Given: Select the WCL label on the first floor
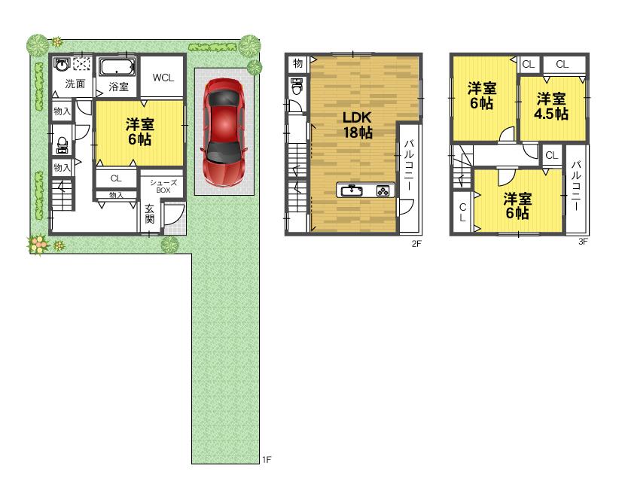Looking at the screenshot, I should pos(163,77).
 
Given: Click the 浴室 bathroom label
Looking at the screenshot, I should pos(118,87).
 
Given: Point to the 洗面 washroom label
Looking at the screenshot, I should pos(74,84).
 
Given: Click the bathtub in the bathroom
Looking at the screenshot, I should pos(117,67).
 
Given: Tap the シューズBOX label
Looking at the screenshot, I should pos(163,186).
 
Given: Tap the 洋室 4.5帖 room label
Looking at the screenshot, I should pos(551,106).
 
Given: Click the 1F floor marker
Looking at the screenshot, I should pos(266,458).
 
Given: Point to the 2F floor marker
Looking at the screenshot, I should pos(414,243).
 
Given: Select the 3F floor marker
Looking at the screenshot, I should pos(582,242).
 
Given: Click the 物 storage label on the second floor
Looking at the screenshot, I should pos(297,64).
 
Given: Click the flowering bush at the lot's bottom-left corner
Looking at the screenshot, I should pos(38,243).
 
